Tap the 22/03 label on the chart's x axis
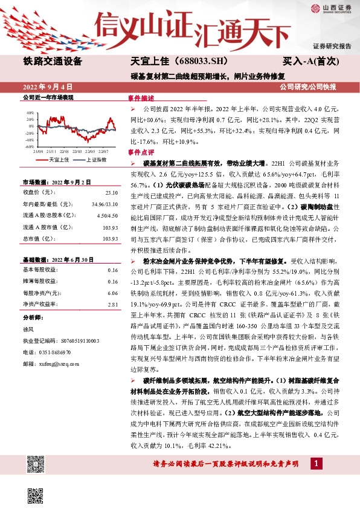(x=77, y=152)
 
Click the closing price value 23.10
(x=111, y=193)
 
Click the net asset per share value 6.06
(x=112, y=293)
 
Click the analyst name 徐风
(x=28, y=329)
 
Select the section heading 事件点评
(x=142, y=153)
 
